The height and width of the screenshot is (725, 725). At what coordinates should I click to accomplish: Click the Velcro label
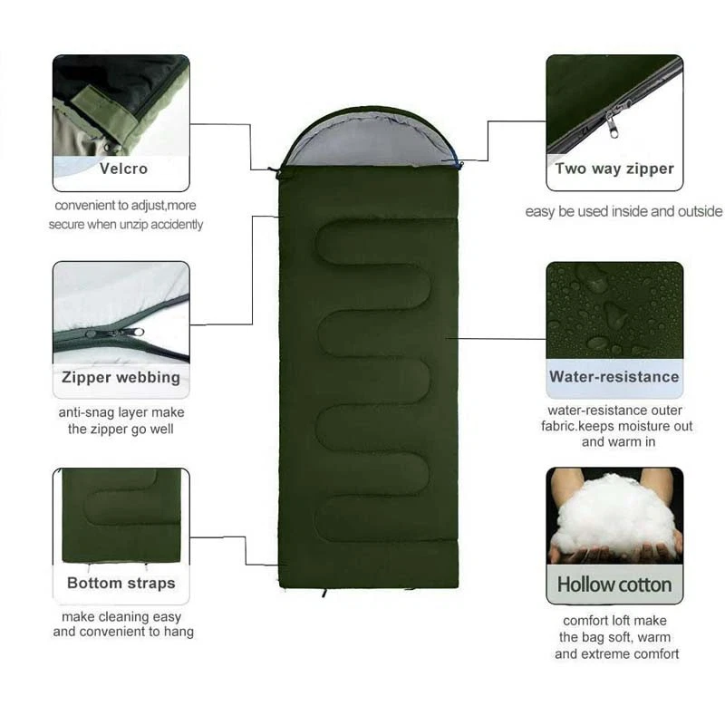click(123, 169)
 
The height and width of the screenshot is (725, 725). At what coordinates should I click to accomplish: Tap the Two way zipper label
click(614, 169)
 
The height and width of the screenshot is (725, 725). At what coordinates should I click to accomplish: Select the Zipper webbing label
click(121, 377)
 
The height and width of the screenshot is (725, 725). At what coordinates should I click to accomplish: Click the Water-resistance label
click(614, 376)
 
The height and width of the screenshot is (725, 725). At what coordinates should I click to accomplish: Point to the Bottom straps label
click(121, 583)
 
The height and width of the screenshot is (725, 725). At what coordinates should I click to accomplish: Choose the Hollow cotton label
click(614, 585)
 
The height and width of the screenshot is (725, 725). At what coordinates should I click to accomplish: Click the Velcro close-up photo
click(121, 104)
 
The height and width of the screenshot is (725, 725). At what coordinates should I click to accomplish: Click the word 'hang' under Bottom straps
click(179, 632)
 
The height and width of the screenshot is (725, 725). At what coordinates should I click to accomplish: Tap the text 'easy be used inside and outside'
click(623, 211)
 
